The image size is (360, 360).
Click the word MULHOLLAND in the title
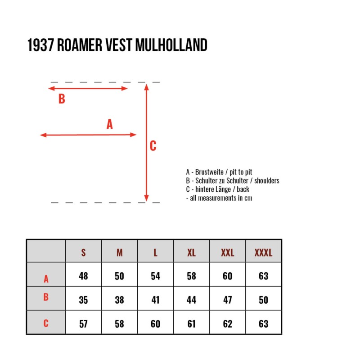click(171, 45)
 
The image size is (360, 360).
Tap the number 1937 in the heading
click(40, 45)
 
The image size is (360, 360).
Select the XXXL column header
click(263, 253)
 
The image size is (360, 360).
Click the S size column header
click(83, 253)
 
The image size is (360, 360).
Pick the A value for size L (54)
click(155, 276)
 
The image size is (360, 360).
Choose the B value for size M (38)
click(119, 300)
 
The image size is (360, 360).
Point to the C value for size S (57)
click(83, 324)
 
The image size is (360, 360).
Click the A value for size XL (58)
click(192, 276)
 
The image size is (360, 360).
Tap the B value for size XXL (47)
click(228, 300)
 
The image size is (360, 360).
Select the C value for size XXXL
click(263, 324)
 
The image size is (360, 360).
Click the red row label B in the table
click(46, 297)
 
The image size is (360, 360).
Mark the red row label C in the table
click(46, 323)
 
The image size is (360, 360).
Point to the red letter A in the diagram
click(110, 124)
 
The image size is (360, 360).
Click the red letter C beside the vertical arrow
click(153, 146)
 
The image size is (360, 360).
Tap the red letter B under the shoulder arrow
click(62, 99)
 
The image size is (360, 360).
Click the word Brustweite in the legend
click(209, 172)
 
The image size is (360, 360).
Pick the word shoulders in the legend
click(267, 181)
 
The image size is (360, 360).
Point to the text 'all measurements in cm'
click(221, 198)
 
